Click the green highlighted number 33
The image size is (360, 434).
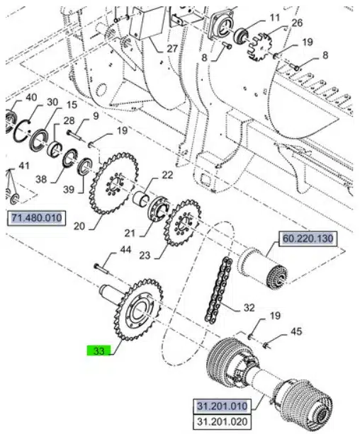(99, 350)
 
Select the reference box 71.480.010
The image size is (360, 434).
(36, 218)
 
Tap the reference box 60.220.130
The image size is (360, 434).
(308, 239)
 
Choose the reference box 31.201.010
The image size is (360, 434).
(222, 406)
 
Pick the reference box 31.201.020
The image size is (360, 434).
(222, 422)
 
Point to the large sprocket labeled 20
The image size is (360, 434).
(113, 183)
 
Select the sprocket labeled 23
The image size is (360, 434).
(182, 222)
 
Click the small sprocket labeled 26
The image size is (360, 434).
(260, 47)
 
